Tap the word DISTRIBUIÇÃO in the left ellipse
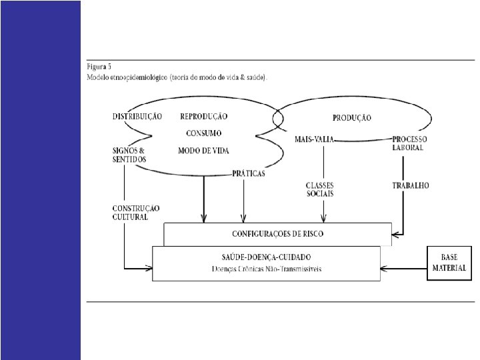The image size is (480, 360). pyautogui.click(x=137, y=117)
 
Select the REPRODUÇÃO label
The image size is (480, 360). pyautogui.click(x=203, y=116)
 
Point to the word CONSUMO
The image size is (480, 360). pyautogui.click(x=203, y=133)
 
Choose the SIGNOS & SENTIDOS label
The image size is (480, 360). pyautogui.click(x=129, y=155)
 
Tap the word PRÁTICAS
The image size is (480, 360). pyautogui.click(x=248, y=173)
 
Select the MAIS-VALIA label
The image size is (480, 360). pyautogui.click(x=314, y=139)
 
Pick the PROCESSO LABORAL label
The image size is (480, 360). pyautogui.click(x=407, y=143)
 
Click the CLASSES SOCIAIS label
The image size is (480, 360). pyautogui.click(x=319, y=189)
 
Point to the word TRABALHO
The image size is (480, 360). pyautogui.click(x=410, y=185)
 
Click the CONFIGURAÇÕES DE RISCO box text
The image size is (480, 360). pyautogui.click(x=278, y=234)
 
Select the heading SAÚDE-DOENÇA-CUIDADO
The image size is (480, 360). pyautogui.click(x=266, y=257)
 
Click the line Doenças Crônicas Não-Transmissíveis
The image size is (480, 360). pyautogui.click(x=266, y=269)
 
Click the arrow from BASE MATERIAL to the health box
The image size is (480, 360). pyautogui.click(x=403, y=269)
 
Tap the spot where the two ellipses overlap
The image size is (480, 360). pyautogui.click(x=277, y=119)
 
